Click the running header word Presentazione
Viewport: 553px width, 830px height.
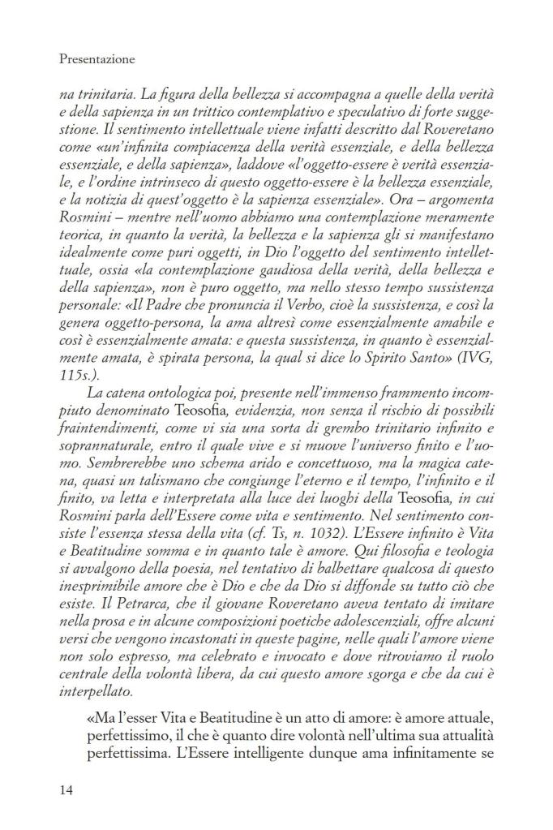click(x=97, y=59)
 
